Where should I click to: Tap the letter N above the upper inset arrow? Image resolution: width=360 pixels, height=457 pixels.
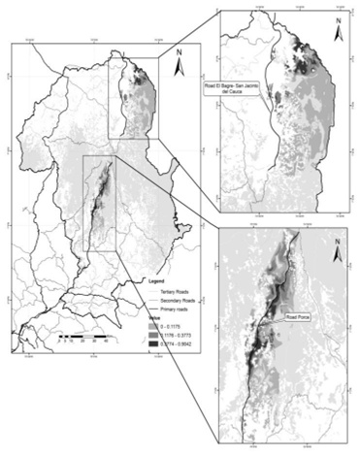pos(337,19)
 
